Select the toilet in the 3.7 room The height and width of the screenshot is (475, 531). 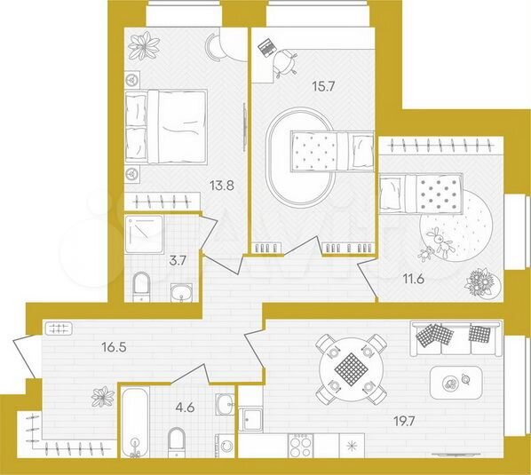tap(140, 285)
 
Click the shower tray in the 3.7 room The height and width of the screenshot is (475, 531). tap(143, 233)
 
